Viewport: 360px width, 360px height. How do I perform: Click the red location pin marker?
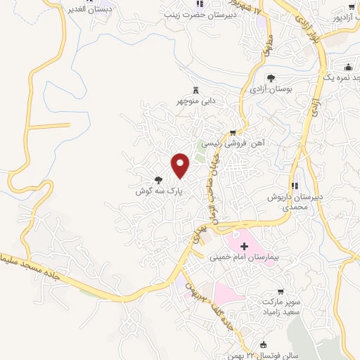point(181,166)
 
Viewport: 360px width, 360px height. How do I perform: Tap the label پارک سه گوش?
point(160,191)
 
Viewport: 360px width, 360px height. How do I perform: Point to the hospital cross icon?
point(245,246)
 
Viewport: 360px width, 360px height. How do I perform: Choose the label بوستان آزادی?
point(271,89)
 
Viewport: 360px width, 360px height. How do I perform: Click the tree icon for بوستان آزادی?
point(271,78)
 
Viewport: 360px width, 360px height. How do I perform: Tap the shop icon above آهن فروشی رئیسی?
point(233,132)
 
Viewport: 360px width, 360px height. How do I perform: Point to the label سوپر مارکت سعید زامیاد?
point(281,305)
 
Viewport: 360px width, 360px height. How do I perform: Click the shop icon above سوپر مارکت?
point(281,291)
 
